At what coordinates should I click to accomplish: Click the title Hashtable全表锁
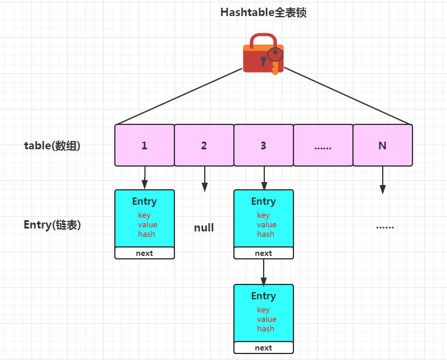pos(263,12)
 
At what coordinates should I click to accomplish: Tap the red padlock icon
pos(262,54)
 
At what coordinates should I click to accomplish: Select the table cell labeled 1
pos(145,145)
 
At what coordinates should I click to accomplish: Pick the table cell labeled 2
pos(204,145)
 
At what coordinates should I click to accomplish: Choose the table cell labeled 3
pos(264,145)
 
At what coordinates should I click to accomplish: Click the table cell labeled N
pos(382,145)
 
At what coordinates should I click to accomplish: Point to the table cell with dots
pos(323,145)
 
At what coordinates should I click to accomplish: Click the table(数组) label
pos(52,145)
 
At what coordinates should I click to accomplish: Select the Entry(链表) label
pos(52,225)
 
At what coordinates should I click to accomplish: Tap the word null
pos(204,228)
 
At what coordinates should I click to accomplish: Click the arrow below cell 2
pos(204,179)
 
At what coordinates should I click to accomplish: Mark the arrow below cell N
pos(382,180)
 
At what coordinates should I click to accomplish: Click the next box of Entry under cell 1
pos(145,253)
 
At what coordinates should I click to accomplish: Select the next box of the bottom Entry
pos(264,348)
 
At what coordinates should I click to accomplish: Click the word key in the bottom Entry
pos(264,310)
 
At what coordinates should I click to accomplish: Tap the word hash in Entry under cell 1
pos(146,234)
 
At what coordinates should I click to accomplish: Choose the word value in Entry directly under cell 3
pos(267,225)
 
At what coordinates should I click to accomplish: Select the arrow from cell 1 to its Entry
pos(145,177)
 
